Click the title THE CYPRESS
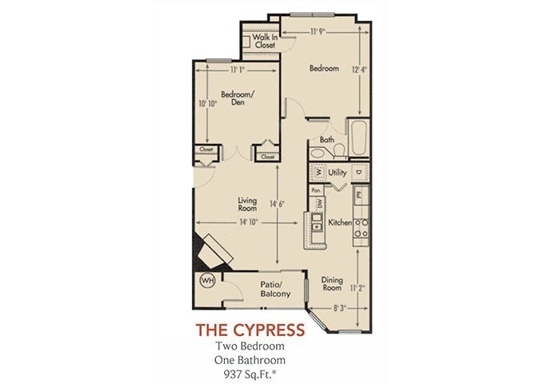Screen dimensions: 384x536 pos(250,329)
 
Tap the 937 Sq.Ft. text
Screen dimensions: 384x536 pos(250,372)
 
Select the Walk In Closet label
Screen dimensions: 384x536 pos(264,42)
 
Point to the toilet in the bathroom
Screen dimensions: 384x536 pos(339,150)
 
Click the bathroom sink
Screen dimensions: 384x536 pos(318,150)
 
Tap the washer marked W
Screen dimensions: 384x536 pos(317,172)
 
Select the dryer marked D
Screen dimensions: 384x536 pos(359,172)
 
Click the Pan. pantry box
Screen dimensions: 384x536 pos(317,190)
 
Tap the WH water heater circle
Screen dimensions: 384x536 pos(207,281)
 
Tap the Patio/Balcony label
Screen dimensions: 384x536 pos(274,289)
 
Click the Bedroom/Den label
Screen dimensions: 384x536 pos(238,98)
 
